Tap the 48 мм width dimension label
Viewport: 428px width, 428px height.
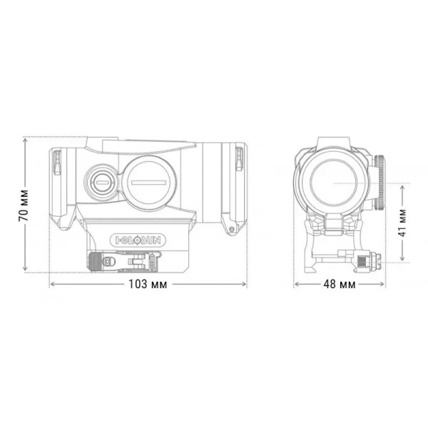point(338,285)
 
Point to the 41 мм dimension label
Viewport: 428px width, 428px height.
point(402,223)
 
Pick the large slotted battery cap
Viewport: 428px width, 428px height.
point(150,181)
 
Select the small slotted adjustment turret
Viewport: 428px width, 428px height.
point(101,181)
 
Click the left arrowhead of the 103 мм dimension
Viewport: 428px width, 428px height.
point(51,284)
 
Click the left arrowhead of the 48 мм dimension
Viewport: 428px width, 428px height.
point(297,284)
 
